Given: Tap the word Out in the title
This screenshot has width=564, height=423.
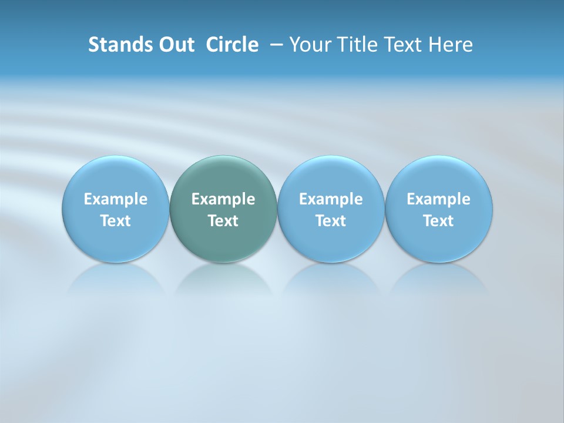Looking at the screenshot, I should click(x=174, y=45).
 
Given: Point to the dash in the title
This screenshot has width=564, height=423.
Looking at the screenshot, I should click(x=274, y=45).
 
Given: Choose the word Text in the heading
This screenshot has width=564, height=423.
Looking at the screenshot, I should click(x=399, y=45).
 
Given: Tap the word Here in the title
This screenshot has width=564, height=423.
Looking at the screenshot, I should click(x=449, y=45).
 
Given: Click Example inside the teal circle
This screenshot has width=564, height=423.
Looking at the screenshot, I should click(x=223, y=199).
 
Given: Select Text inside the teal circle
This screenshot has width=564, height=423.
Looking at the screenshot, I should click(x=223, y=221).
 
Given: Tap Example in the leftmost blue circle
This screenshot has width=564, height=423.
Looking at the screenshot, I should click(x=116, y=199).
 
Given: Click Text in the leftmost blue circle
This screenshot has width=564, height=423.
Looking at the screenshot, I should click(x=116, y=221).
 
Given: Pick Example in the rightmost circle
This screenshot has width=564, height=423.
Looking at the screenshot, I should click(x=438, y=199).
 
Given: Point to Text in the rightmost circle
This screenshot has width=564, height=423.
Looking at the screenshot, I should click(x=438, y=221).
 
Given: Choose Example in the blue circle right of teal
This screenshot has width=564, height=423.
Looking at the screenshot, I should click(x=331, y=199).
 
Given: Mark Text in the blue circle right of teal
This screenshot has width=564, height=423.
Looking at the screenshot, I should click(x=331, y=221).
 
